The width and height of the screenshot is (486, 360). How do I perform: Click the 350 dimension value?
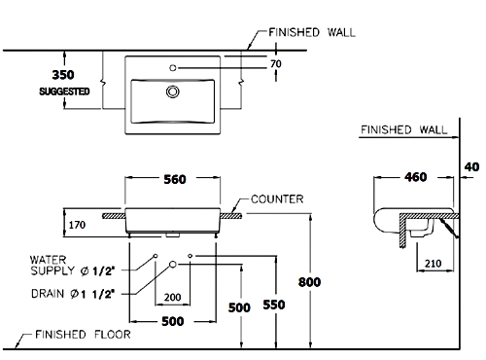click(63, 75)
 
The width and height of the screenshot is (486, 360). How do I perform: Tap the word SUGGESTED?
click(64, 91)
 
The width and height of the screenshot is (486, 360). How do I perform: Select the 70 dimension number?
click(276, 64)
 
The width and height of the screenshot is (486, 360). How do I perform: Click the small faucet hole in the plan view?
click(173, 68)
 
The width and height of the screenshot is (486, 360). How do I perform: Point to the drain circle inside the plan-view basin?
click(173, 91)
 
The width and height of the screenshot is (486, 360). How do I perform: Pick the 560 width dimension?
click(175, 179)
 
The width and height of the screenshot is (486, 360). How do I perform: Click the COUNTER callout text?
click(277, 199)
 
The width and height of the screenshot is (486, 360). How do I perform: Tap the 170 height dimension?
click(77, 225)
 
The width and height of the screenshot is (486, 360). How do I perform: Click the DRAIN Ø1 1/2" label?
click(73, 294)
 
